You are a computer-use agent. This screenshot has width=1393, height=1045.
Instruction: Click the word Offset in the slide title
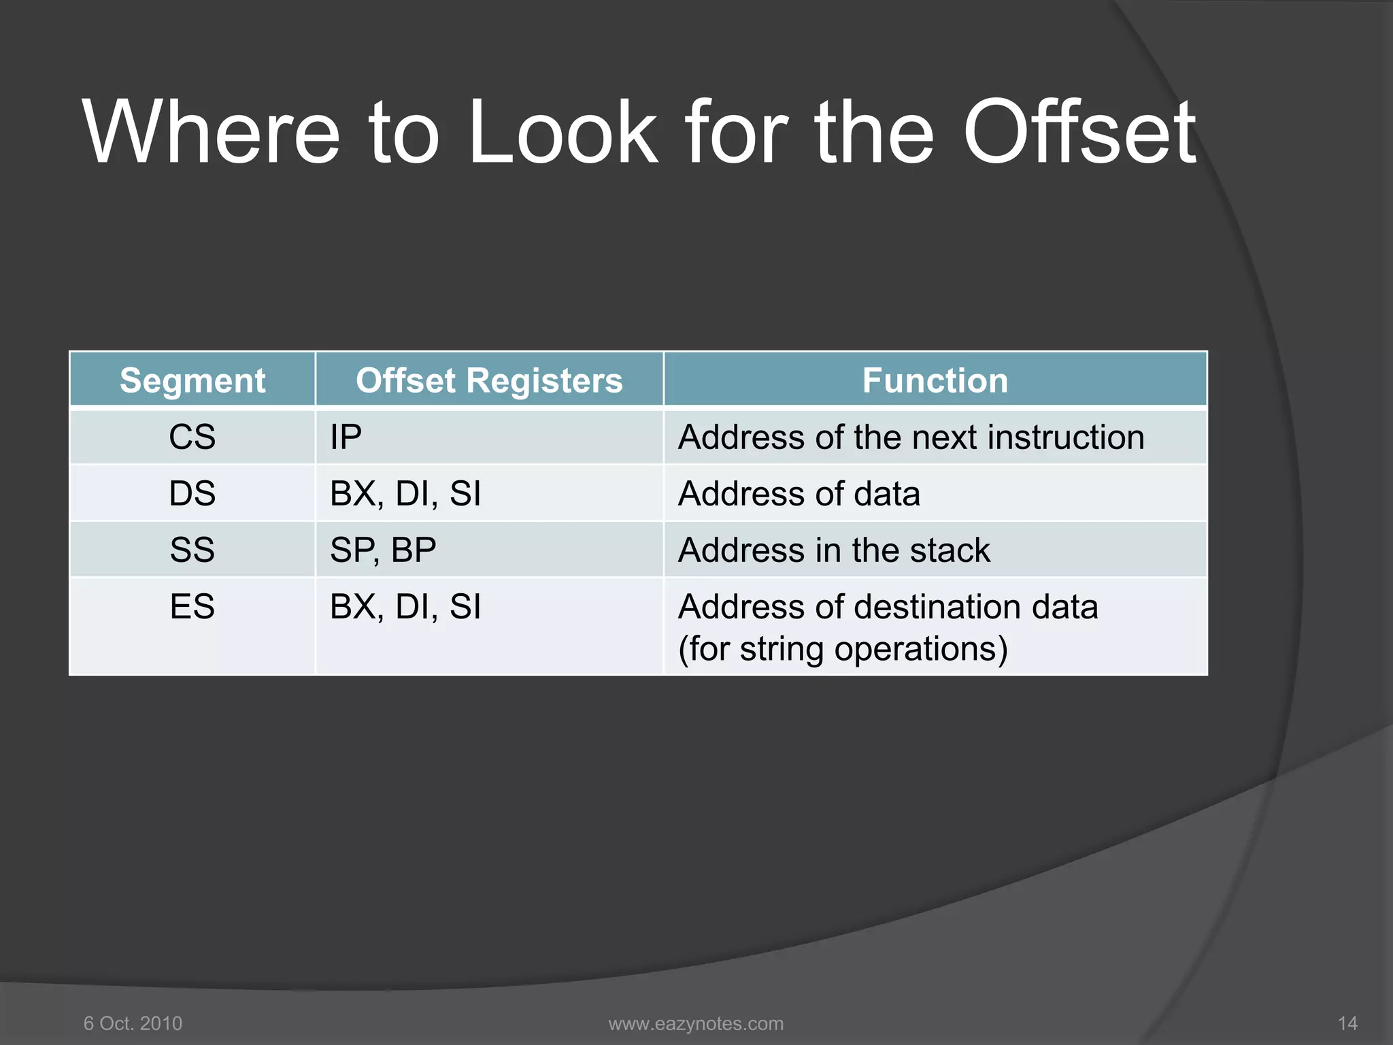click(1079, 133)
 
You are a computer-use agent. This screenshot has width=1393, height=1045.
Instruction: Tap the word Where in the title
click(211, 133)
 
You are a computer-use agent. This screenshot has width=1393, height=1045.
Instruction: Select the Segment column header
click(192, 380)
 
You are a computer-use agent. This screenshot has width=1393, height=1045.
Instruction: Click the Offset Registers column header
click(489, 380)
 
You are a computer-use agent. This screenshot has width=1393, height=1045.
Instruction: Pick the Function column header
click(935, 380)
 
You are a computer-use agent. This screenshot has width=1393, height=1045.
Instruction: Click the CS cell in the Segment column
click(192, 437)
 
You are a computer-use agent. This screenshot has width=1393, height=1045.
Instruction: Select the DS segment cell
click(192, 493)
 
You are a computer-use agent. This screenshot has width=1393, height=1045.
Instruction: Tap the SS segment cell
click(192, 550)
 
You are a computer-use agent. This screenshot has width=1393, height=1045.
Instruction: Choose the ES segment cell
click(192, 606)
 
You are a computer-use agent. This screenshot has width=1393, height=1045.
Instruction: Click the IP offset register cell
click(346, 437)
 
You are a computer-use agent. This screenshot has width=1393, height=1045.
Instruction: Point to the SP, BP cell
click(383, 550)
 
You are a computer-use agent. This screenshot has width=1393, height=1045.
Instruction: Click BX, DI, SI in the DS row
click(405, 493)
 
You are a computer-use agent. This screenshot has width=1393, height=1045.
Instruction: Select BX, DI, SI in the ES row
click(405, 606)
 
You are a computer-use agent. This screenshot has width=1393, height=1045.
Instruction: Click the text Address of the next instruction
click(911, 437)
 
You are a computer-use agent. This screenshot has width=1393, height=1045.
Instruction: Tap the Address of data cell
click(799, 493)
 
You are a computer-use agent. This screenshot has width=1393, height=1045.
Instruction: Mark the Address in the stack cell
click(834, 550)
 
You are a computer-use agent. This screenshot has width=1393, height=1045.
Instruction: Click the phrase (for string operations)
click(843, 648)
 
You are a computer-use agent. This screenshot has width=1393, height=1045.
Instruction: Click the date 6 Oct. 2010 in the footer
click(133, 1023)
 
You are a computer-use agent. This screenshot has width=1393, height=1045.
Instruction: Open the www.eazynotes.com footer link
click(696, 1023)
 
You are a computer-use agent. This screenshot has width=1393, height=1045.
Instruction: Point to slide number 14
click(1347, 1023)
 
